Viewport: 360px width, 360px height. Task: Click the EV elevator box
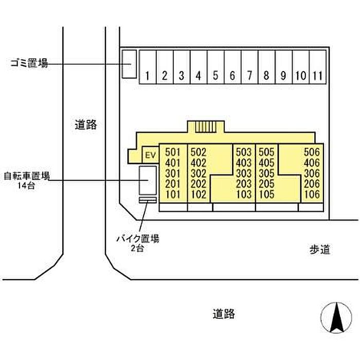(150, 154)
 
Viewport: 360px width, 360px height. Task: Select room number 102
(198, 195)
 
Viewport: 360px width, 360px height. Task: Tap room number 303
(243, 174)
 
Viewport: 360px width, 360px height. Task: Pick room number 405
(266, 163)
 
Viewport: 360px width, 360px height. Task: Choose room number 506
(312, 152)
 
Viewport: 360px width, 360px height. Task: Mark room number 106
(312, 195)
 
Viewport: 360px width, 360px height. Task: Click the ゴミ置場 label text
(29, 63)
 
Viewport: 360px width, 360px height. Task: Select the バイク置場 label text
(137, 239)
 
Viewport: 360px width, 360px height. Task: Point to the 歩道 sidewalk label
(319, 250)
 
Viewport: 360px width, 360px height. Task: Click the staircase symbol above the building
(204, 127)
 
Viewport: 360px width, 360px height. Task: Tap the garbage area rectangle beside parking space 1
(128, 64)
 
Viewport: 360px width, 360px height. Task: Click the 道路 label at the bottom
(224, 313)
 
